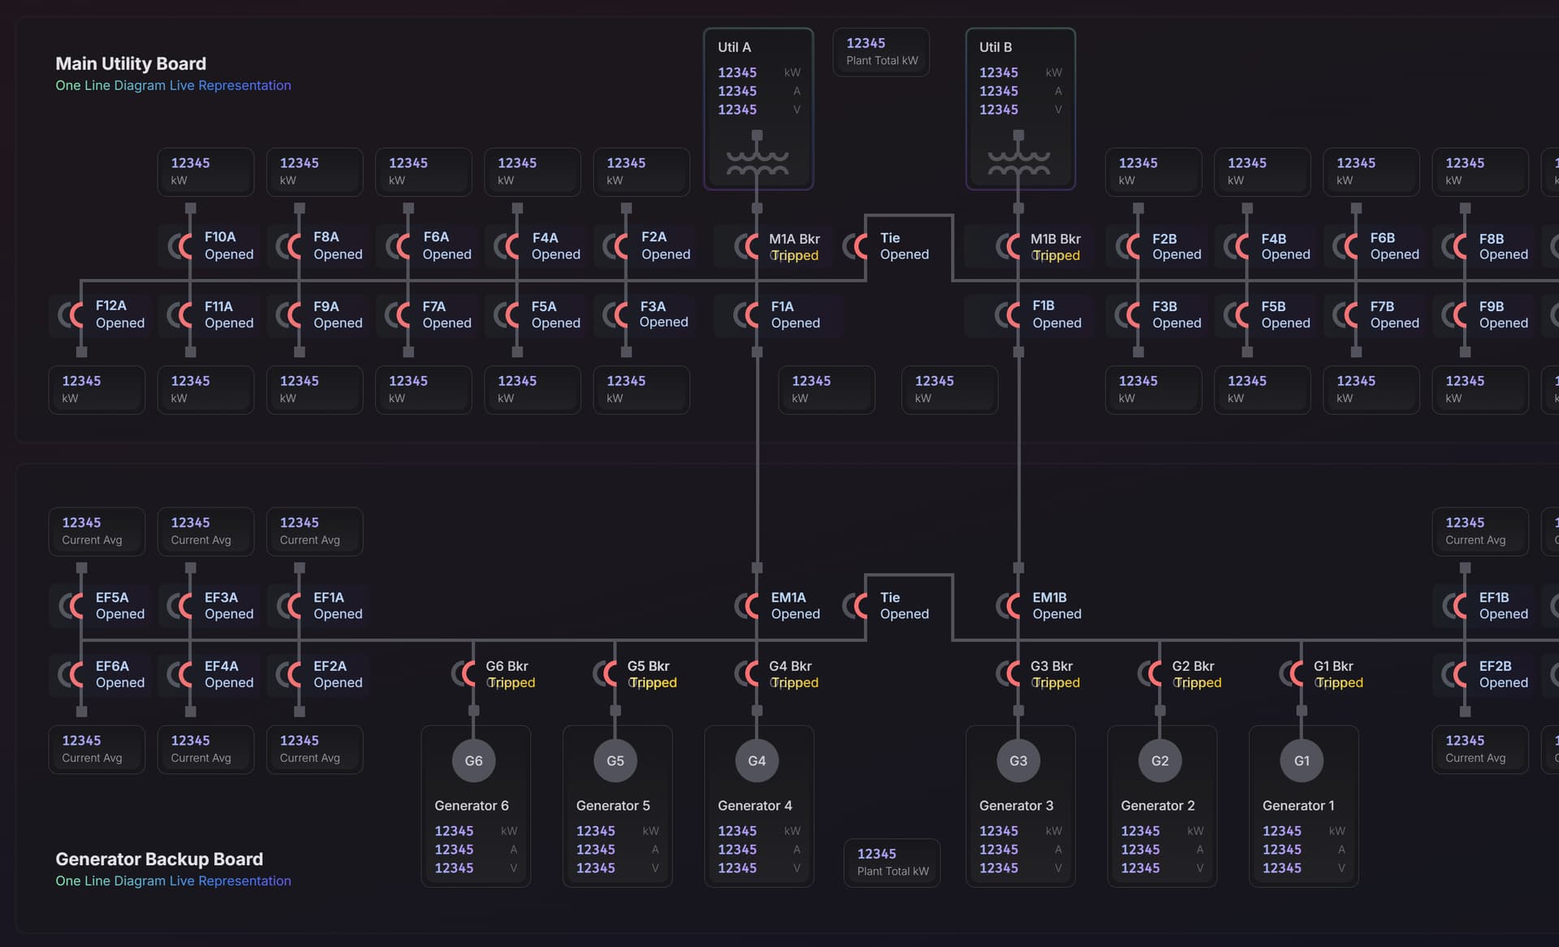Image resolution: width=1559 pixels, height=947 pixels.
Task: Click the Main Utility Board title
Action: tap(131, 63)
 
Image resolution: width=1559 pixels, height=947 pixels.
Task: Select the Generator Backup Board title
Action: tap(159, 858)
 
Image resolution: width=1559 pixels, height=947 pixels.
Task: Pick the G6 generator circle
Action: tap(473, 761)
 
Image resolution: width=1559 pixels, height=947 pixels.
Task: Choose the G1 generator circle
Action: tap(1302, 761)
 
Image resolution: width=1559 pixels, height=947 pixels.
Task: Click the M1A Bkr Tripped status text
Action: tap(794, 256)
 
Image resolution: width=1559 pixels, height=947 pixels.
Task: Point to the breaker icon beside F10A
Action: tap(180, 246)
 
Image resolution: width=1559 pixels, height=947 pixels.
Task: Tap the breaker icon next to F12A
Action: tap(71, 314)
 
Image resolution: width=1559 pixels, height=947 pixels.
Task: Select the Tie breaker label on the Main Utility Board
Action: tap(890, 238)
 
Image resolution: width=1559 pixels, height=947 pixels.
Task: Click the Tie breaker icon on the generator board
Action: tap(856, 606)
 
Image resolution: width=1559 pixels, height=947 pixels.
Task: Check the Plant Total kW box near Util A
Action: tap(881, 52)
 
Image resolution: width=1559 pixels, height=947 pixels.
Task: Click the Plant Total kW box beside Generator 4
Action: tap(892, 862)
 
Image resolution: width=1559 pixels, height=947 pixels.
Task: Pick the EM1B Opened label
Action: tap(1056, 606)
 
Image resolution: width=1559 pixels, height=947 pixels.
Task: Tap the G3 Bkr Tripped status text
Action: tap(1056, 683)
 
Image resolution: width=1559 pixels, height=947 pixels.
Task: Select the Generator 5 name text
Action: tap(613, 806)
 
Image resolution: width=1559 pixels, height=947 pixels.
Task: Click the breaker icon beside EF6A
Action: tap(71, 674)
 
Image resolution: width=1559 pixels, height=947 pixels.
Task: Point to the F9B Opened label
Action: tap(1502, 314)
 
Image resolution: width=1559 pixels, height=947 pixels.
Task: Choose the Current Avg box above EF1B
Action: tap(1479, 531)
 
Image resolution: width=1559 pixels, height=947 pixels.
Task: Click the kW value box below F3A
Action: tap(641, 389)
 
